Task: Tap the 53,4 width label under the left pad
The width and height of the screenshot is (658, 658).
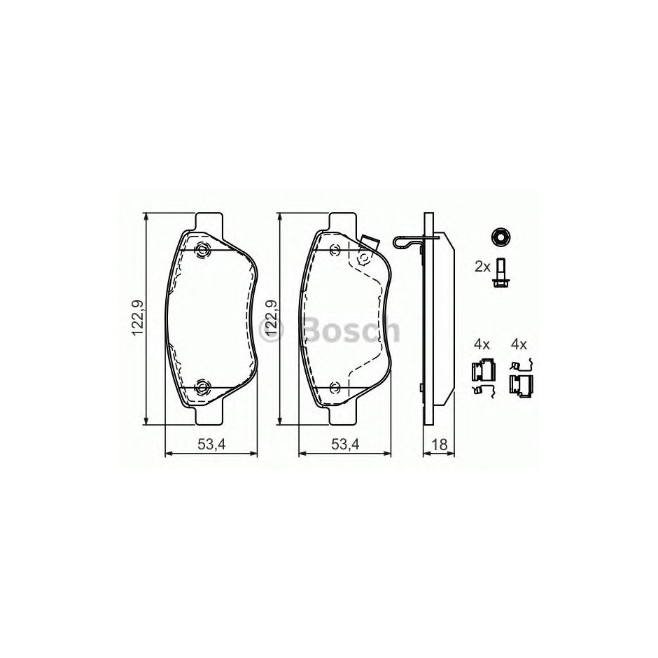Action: pos(212,444)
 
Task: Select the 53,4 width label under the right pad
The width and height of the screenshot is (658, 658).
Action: pos(345,444)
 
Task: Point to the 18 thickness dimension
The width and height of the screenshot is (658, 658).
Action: pos(440,444)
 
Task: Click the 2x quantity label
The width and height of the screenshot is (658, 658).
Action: pos(482,267)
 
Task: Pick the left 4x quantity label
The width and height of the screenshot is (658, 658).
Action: pos(482,344)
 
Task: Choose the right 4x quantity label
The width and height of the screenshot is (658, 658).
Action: pos(519,344)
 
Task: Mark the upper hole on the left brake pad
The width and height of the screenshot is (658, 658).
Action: pos(203,251)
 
